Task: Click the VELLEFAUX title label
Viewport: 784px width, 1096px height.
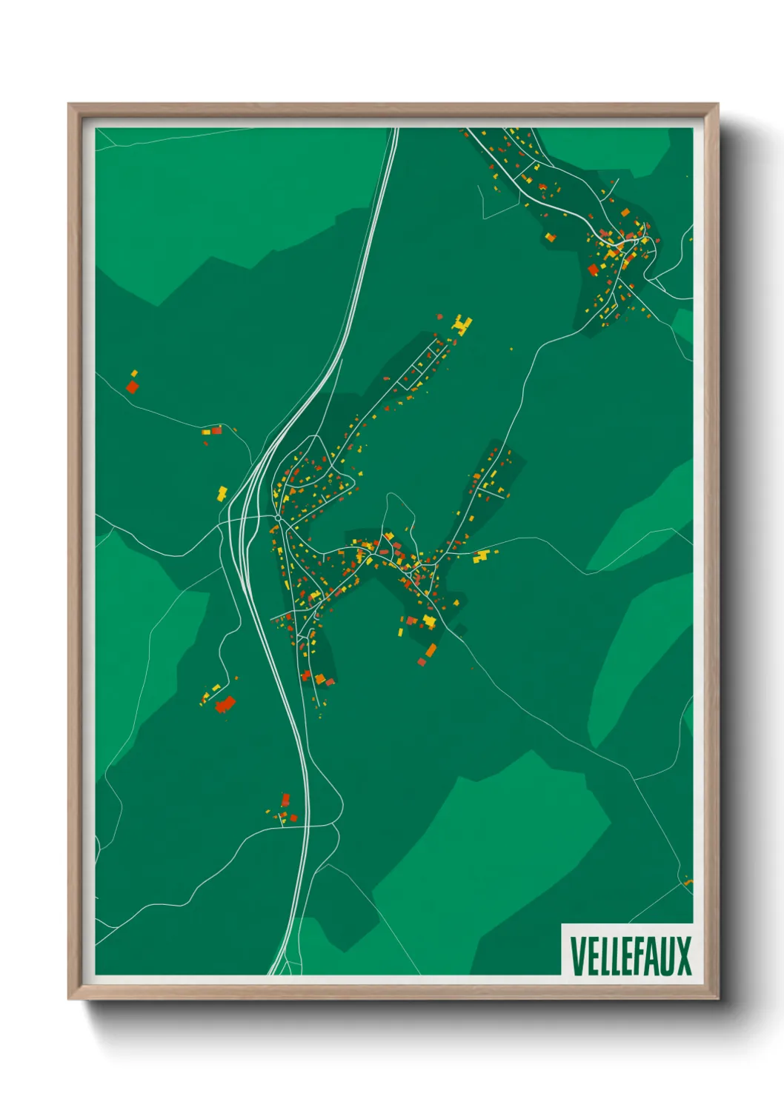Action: tap(631, 955)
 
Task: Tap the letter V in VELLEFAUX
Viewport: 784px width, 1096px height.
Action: tap(576, 955)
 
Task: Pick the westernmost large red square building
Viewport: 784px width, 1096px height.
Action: tap(132, 387)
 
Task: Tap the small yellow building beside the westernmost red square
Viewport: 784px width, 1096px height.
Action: tap(134, 373)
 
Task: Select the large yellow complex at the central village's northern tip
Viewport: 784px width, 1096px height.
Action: tap(462, 324)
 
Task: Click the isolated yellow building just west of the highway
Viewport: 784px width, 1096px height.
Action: tap(222, 492)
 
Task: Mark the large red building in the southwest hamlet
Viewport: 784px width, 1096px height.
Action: tap(224, 704)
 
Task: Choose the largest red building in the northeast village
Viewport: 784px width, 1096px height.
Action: tap(593, 270)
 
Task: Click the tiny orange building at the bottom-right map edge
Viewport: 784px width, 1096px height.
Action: tap(688, 882)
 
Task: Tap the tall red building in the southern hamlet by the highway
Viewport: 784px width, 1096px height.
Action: tap(285, 800)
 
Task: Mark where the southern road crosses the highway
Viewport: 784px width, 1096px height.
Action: tap(305, 825)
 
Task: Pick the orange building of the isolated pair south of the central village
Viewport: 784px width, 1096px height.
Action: tap(431, 650)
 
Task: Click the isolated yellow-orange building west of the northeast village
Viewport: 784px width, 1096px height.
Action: tap(550, 237)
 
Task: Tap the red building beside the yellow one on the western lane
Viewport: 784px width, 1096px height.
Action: tap(216, 430)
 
